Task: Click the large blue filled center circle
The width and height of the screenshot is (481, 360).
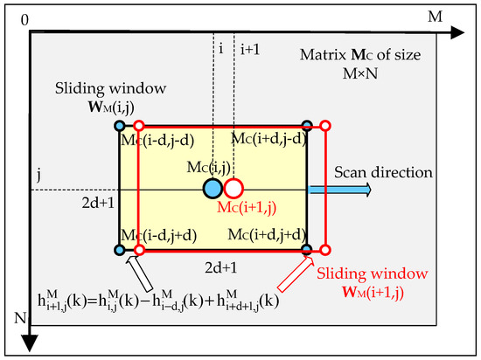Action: point(212,188)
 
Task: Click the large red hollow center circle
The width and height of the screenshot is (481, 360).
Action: point(234,188)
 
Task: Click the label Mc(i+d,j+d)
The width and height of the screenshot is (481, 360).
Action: point(267,235)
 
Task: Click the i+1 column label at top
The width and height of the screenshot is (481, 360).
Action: point(250,51)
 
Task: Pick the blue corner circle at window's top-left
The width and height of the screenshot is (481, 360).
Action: point(120,127)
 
